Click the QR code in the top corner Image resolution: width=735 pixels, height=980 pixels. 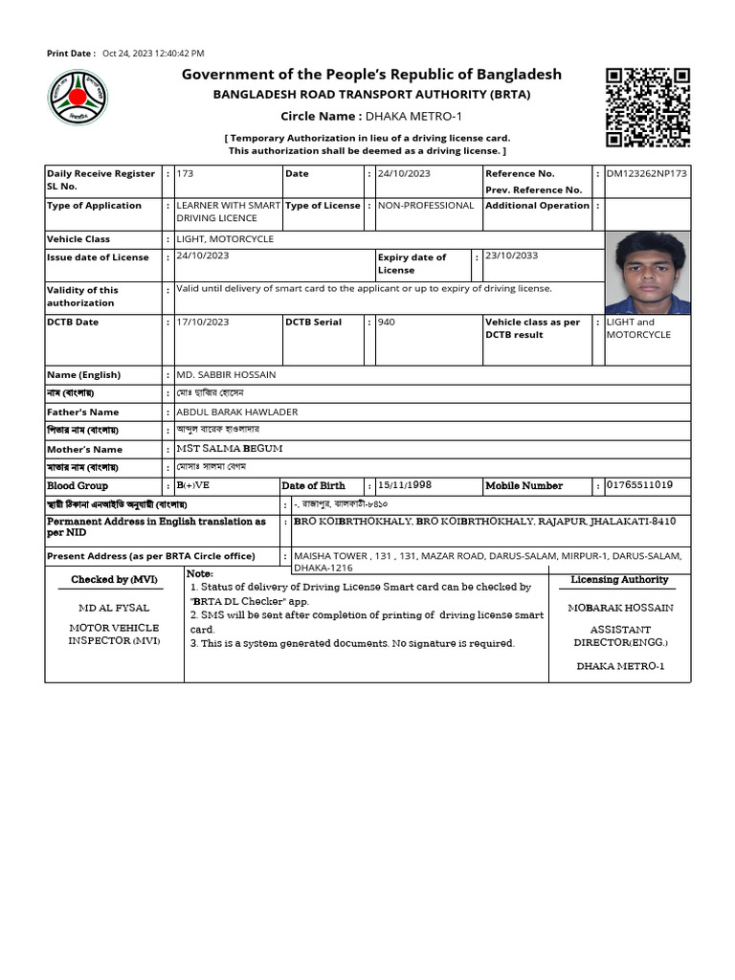coord(648,106)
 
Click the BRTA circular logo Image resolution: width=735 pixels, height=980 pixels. coord(78,100)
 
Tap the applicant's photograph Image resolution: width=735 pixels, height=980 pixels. coord(648,273)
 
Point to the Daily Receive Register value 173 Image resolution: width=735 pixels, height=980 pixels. coord(186,173)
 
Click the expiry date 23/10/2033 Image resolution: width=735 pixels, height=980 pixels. coord(512,256)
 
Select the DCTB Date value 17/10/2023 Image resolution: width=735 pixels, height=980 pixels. coord(203,322)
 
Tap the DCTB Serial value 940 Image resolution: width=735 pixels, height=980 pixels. coord(387,322)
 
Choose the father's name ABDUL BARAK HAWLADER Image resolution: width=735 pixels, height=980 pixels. coord(237,412)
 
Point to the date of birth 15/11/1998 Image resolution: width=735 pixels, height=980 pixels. coord(405,485)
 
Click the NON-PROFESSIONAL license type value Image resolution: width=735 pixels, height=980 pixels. coord(426,205)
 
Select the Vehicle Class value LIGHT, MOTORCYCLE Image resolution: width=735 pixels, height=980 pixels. coord(225,238)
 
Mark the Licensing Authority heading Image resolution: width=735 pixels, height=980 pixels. coord(619,580)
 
